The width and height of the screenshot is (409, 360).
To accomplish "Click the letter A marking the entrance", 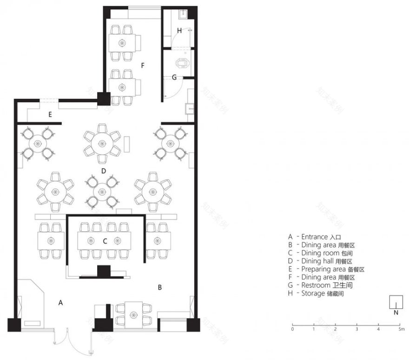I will pyautogui.click(x=60, y=302).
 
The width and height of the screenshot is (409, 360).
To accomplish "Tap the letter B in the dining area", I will pyautogui.click(x=159, y=288).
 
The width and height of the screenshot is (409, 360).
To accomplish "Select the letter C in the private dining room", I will pyautogui.click(x=105, y=241).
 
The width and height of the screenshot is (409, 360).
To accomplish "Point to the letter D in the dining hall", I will pyautogui.click(x=104, y=171).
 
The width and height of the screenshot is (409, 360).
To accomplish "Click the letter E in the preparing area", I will pyautogui.click(x=50, y=114).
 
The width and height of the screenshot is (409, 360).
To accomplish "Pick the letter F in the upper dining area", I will pyautogui.click(x=143, y=65).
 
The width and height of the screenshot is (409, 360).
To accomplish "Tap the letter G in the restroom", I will pyautogui.click(x=174, y=77).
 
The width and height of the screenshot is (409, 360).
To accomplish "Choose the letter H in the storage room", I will pyautogui.click(x=179, y=31).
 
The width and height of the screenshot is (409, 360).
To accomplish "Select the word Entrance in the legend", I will pyautogui.click(x=315, y=236).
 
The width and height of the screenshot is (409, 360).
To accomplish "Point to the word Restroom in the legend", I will pyautogui.click(x=316, y=285).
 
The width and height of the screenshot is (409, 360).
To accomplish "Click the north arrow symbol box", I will pyautogui.click(x=396, y=301).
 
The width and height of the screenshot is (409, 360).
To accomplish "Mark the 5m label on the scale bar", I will pyautogui.click(x=401, y=329).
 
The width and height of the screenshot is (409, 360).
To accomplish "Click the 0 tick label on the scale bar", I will pyautogui.click(x=292, y=329).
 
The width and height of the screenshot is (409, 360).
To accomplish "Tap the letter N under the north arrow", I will pyautogui.click(x=396, y=313).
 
